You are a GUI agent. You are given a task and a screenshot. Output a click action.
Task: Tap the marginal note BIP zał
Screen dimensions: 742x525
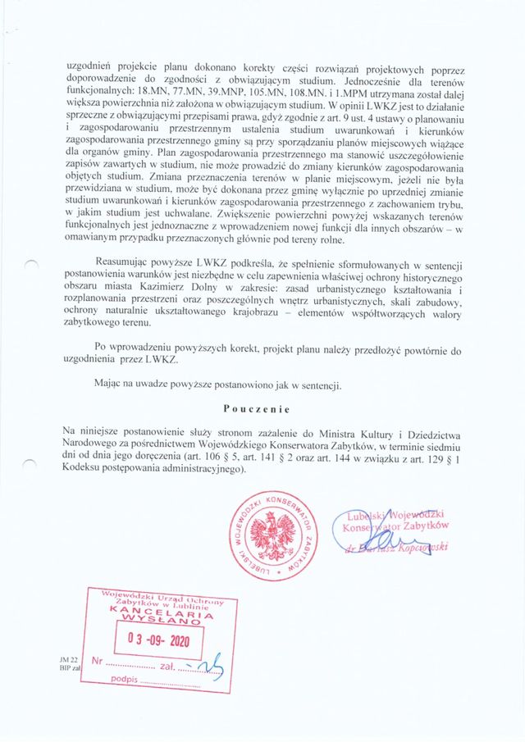click(x=68, y=668)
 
